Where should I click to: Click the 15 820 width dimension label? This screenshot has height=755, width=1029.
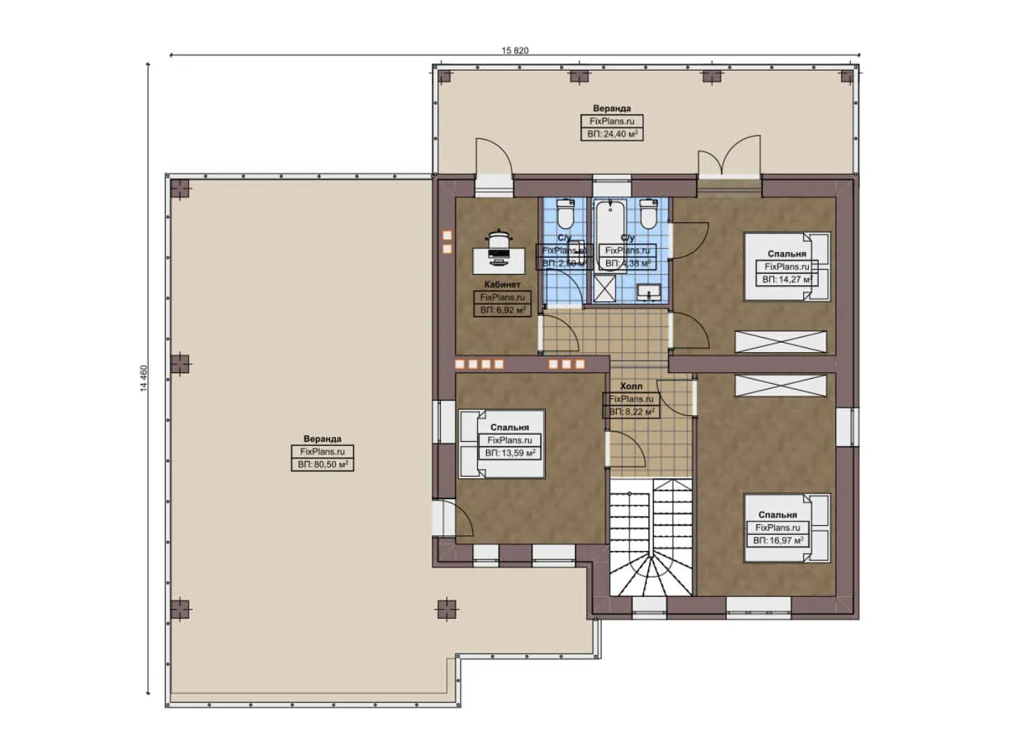(515, 50)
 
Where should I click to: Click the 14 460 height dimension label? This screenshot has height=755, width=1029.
(144, 378)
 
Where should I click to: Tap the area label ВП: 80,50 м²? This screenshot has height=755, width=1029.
(323, 464)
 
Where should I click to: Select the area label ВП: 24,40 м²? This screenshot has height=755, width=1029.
(612, 133)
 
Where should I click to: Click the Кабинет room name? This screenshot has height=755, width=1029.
(502, 285)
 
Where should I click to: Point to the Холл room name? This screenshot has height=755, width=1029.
(631, 386)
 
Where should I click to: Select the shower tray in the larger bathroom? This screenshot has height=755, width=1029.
(605, 288)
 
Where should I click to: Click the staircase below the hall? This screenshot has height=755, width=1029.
(651, 538)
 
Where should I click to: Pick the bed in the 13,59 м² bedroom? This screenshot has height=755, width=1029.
(501, 445)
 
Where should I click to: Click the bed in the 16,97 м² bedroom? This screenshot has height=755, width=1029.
(787, 528)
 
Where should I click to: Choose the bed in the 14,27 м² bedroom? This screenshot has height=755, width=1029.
(787, 266)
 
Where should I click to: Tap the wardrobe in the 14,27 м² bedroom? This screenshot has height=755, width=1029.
(780, 342)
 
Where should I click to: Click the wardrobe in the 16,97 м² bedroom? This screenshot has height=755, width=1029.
(780, 385)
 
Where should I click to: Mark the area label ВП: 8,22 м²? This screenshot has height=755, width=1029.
(631, 412)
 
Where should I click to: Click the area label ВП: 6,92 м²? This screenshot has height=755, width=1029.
(502, 310)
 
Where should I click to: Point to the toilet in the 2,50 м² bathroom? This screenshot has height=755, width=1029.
(564, 215)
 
